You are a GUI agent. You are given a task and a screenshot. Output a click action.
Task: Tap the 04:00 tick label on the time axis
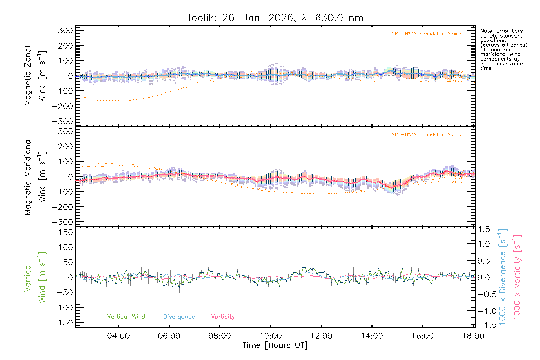[118, 336]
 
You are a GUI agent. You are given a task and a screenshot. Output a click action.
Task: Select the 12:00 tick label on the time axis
[321, 336]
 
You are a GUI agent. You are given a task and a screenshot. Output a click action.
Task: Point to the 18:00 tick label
[473, 336]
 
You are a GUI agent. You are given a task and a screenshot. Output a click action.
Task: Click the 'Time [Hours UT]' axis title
[275, 346]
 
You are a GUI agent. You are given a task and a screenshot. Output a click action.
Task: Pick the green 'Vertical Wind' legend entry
[126, 317]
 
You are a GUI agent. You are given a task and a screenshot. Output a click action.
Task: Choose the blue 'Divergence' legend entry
[179, 317]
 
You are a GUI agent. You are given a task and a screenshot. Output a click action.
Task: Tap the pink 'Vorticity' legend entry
[223, 317]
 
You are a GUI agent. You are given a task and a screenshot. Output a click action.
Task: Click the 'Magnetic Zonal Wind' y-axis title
[35, 76]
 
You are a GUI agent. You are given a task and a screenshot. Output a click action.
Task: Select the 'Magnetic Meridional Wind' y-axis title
[35, 177]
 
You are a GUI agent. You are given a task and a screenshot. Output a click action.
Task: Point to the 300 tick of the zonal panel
[66, 30]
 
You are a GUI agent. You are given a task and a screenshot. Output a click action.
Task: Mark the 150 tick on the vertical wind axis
[66, 232]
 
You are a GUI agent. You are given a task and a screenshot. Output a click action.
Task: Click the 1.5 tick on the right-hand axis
[484, 229]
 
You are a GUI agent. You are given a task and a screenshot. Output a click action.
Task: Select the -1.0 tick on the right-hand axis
[484, 311]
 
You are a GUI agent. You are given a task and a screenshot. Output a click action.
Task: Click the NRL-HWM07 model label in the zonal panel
[427, 34]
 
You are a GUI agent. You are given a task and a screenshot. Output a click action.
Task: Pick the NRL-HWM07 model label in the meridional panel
[427, 135]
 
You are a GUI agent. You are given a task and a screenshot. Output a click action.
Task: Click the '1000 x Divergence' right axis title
[503, 277]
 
